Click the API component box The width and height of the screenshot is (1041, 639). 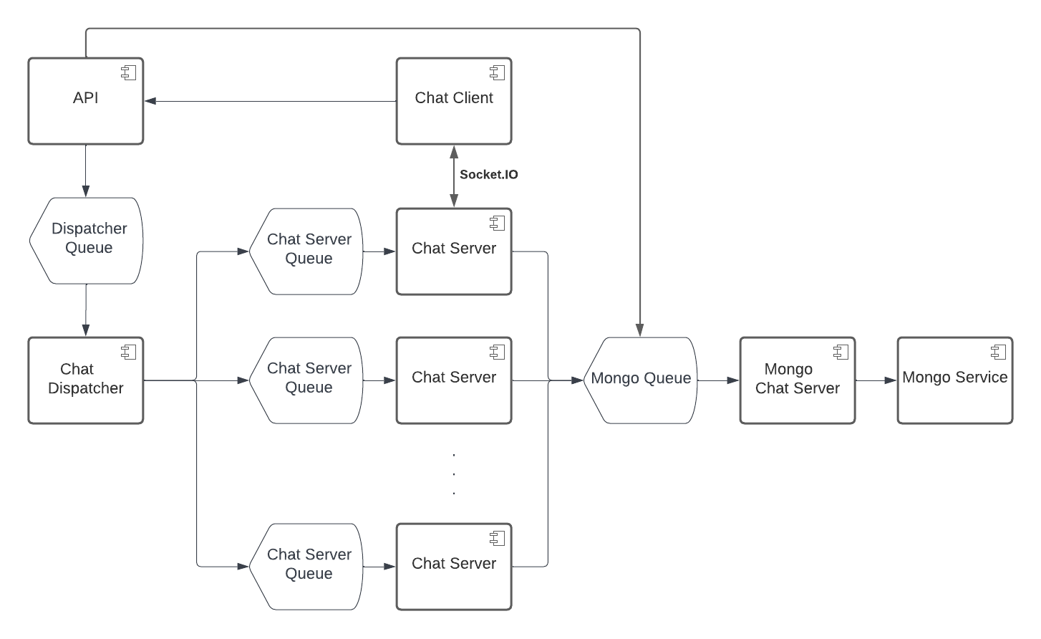tap(85, 101)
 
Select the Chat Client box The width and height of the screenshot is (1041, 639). tap(454, 101)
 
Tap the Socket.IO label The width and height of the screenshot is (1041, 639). tap(489, 175)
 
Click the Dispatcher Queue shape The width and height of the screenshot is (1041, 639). tap(87, 240)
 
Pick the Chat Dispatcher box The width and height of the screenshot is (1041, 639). tap(85, 380)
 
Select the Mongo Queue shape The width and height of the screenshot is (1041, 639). tap(640, 380)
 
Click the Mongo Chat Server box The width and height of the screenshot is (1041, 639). tap(797, 380)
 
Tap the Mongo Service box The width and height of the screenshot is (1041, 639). tap(954, 380)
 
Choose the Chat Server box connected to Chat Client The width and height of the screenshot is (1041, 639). tap(454, 251)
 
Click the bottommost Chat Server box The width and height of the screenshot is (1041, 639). tap(454, 566)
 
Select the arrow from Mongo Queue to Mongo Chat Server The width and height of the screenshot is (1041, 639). tap(718, 380)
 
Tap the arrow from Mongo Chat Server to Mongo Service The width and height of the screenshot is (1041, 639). tap(876, 380)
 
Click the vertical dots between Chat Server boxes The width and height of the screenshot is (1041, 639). tap(454, 474)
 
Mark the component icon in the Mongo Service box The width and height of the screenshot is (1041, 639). tap(998, 352)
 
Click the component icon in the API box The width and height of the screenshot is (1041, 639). tap(129, 72)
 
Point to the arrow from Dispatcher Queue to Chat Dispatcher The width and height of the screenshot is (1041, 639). tap(85, 309)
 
